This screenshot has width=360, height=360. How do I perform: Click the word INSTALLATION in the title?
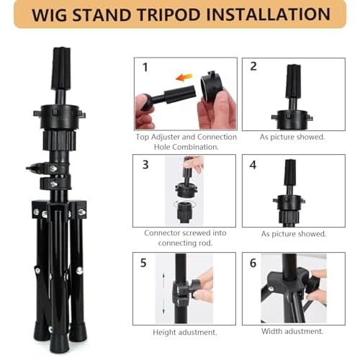pyautogui.click(x=268, y=14)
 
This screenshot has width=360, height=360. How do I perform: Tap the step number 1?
pyautogui.click(x=145, y=67)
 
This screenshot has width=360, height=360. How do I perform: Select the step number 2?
pyautogui.click(x=253, y=66)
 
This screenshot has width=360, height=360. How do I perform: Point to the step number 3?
pyautogui.click(x=145, y=165)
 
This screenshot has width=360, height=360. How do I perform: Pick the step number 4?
pyautogui.click(x=253, y=165)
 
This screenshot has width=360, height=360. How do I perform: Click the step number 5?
pyautogui.click(x=143, y=263)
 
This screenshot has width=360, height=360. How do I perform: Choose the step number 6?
pyautogui.click(x=253, y=263)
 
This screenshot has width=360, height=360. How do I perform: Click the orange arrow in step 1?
pyautogui.click(x=184, y=77)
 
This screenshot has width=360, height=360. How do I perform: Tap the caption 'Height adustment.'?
pyautogui.click(x=185, y=332)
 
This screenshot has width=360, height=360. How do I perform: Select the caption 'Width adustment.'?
pyautogui.click(x=292, y=331)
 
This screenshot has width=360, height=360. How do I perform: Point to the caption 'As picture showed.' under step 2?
pyautogui.click(x=292, y=137)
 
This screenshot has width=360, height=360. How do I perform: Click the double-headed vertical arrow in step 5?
pyautogui.click(x=164, y=294)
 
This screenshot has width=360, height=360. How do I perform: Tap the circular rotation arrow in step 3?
pyautogui.click(x=184, y=204)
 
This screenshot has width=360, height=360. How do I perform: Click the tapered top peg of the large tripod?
pyautogui.click(x=61, y=68)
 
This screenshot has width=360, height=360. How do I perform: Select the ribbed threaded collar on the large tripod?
pyautogui.click(x=59, y=140)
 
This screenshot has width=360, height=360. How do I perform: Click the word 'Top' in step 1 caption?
pyautogui.click(x=142, y=137)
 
